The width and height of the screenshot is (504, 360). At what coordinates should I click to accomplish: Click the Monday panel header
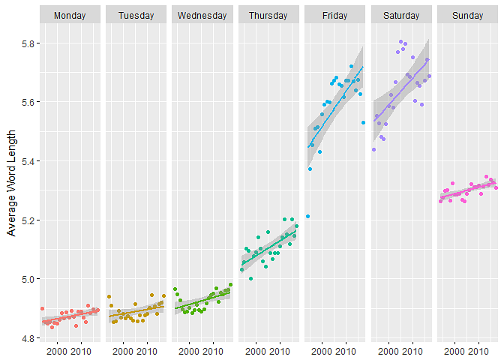click(70, 15)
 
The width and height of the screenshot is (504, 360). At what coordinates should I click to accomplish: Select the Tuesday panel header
click(136, 15)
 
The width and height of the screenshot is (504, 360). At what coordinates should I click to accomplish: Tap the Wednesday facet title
click(202, 15)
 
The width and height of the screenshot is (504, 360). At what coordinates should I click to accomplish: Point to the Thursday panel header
click(268, 15)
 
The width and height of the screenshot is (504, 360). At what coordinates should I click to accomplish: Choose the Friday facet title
click(334, 15)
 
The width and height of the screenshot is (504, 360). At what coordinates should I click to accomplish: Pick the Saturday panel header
click(401, 15)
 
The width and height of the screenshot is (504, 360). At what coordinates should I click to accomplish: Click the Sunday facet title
click(467, 15)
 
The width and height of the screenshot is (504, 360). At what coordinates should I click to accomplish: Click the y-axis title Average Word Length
click(11, 182)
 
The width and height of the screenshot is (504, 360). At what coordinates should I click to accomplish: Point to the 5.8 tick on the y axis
click(26, 43)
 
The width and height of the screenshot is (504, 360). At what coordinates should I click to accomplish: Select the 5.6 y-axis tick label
click(26, 102)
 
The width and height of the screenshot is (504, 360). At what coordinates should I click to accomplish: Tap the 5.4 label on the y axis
click(26, 161)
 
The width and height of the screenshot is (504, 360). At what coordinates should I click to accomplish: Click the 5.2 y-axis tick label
click(26, 220)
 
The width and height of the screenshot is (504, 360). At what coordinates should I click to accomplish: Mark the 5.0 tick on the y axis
click(26, 279)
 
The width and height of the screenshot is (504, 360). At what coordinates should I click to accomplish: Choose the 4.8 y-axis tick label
click(26, 338)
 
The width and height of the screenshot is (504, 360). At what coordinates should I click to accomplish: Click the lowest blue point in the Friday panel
click(307, 216)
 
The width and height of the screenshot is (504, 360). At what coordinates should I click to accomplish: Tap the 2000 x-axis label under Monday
click(58, 350)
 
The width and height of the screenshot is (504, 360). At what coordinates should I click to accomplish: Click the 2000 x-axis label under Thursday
click(256, 350)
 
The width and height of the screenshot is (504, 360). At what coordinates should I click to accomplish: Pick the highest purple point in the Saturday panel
click(401, 42)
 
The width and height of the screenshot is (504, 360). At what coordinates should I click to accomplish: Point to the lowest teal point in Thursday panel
click(250, 278)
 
